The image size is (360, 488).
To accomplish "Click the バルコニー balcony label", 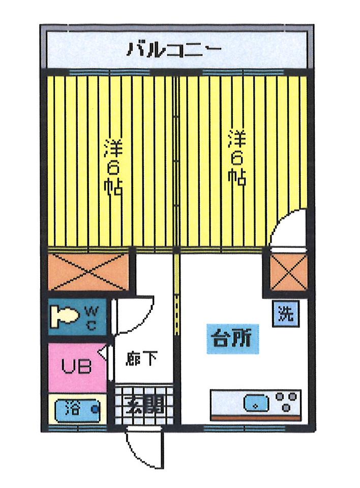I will [x=174, y=49].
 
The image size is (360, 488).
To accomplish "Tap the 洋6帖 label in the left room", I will [x=113, y=166].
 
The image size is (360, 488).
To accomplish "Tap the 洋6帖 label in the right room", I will [x=236, y=157].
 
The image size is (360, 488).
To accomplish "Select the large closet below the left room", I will [x=88, y=271].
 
